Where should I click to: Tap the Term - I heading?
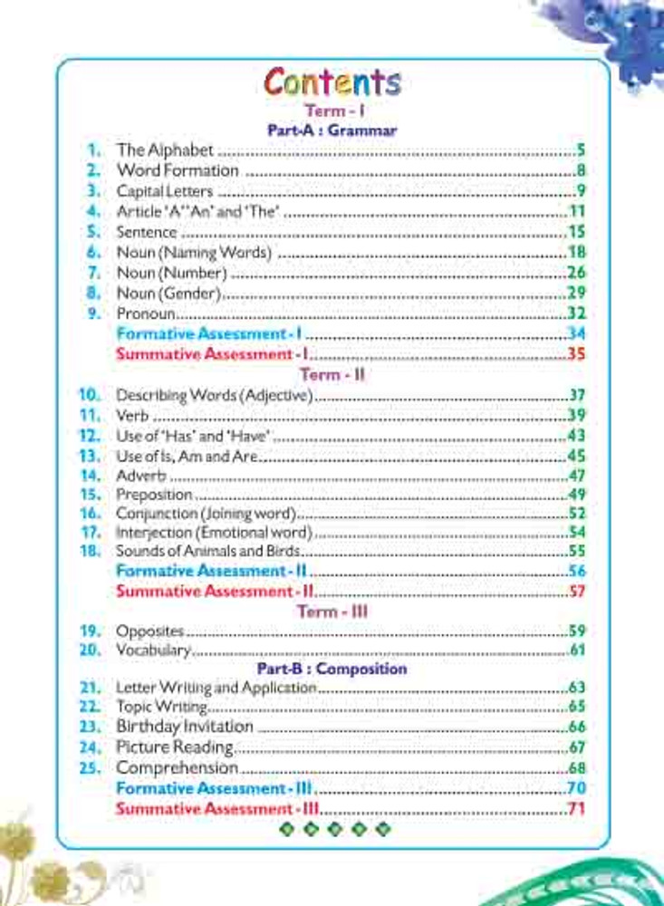(x=332, y=111)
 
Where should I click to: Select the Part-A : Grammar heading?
(x=332, y=130)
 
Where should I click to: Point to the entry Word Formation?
(x=178, y=170)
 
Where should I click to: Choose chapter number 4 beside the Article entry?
(x=92, y=212)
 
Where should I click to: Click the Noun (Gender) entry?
(x=169, y=294)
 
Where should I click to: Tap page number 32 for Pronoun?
(x=577, y=313)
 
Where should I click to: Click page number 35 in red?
(x=577, y=354)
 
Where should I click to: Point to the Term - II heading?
(x=332, y=374)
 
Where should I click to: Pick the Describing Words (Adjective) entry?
(x=215, y=395)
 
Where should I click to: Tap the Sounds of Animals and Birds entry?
(x=208, y=551)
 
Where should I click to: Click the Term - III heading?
(x=332, y=612)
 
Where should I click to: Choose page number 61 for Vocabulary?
(x=577, y=651)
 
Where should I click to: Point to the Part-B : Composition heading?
(x=332, y=670)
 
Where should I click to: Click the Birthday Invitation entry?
(x=185, y=727)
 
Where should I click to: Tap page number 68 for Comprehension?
(x=577, y=768)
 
